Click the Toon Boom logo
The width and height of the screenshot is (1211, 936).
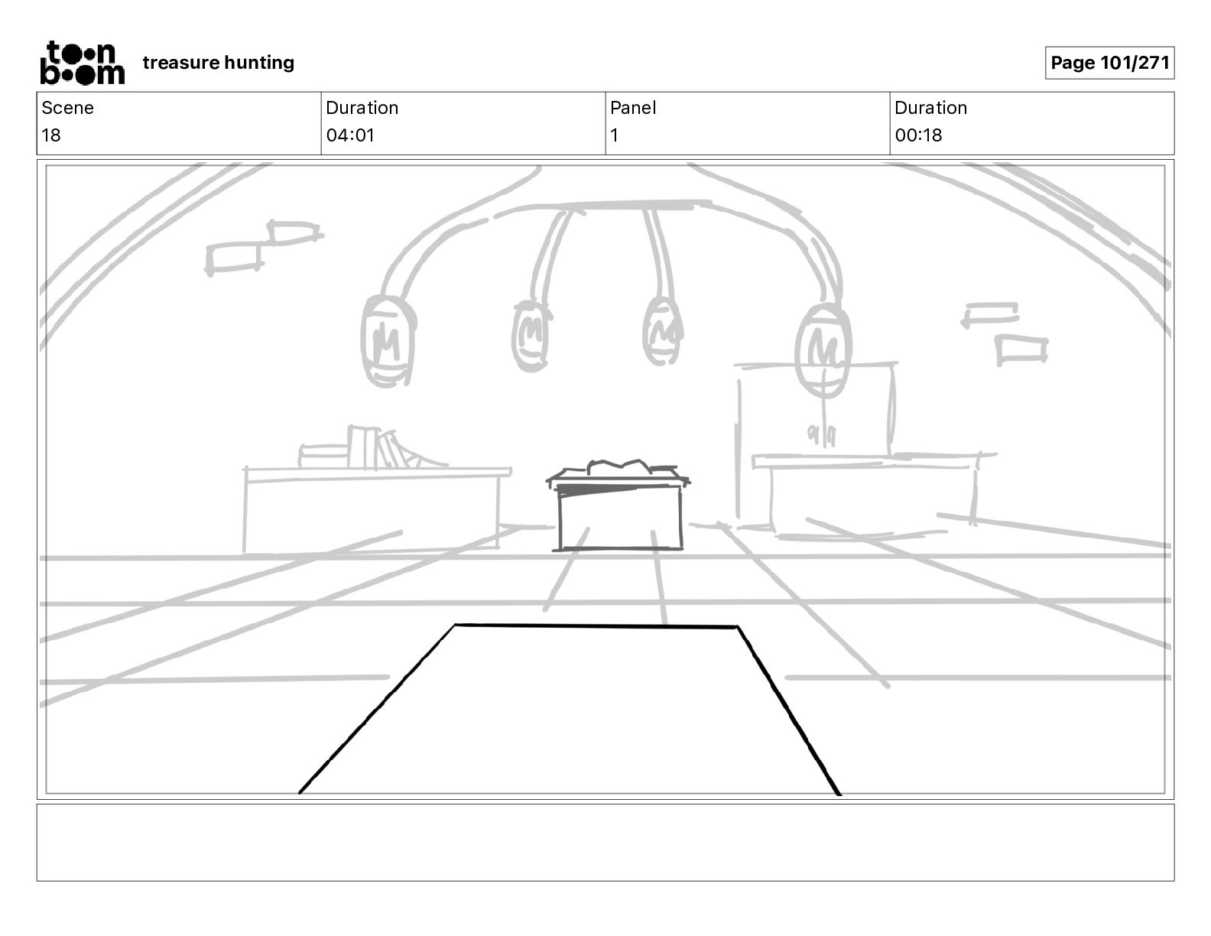[82, 63]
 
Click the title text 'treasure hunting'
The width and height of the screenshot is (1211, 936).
[218, 63]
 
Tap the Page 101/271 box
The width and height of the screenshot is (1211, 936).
[1109, 63]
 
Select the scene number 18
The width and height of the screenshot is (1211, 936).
[51, 135]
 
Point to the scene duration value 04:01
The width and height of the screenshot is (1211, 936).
[350, 135]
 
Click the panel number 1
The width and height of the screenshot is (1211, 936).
[615, 135]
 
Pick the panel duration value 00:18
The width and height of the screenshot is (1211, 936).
[918, 135]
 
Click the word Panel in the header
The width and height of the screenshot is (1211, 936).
[633, 108]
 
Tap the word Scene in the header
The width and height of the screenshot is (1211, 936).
[67, 108]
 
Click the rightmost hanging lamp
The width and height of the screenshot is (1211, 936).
[823, 350]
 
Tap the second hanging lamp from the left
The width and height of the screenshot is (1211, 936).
[531, 335]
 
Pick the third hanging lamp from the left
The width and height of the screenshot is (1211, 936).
[662, 331]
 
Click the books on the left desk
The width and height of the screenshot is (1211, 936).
[375, 449]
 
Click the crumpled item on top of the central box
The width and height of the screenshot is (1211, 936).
[619, 466]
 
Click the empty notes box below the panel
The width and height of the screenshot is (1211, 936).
[605, 842]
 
